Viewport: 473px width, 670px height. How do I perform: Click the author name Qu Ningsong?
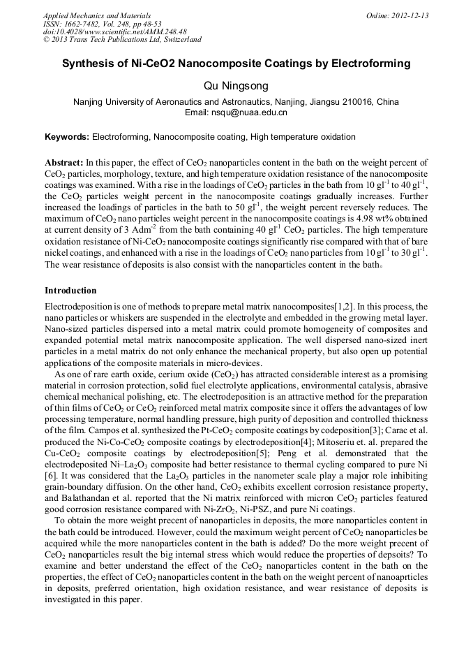pos(236,85)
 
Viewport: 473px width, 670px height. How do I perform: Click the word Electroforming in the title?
pos(370,64)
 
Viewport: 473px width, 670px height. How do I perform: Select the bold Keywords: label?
pos(67,137)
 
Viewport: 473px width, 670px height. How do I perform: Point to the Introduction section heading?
pos(70,290)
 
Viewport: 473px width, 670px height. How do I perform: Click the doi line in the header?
pos(114,32)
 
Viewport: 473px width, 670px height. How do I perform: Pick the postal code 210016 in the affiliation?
pos(357,102)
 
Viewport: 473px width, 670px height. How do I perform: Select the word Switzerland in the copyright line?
pos(177,40)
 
